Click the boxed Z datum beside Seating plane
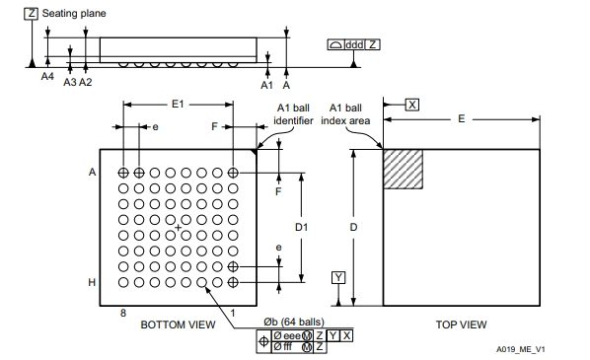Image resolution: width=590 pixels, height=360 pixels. point(31,14)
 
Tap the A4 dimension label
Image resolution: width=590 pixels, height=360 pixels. point(47,76)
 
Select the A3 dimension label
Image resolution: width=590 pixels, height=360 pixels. point(70,82)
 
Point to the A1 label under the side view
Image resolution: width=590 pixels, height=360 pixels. point(266,86)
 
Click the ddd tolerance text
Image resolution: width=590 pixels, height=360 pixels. point(354,44)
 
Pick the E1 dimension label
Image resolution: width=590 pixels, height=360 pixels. point(178,104)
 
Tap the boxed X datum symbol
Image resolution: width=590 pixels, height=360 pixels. point(412,105)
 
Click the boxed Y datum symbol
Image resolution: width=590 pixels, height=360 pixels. point(338,277)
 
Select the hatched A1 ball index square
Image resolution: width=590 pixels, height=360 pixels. point(403,170)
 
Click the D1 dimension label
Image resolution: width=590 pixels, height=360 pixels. point(301,227)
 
